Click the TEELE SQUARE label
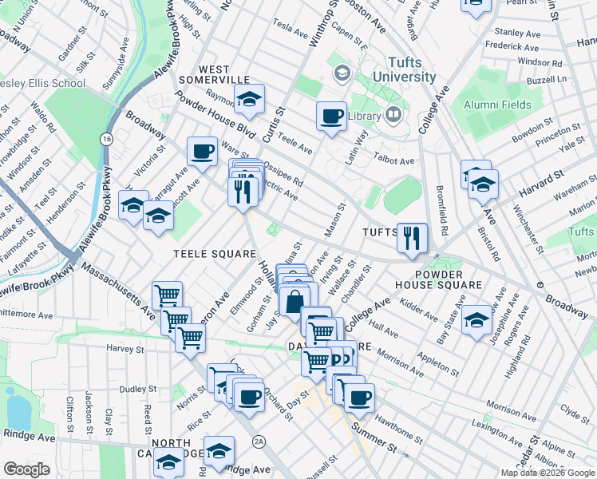pyautogui.click(x=204, y=253)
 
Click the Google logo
pyautogui.click(x=26, y=469)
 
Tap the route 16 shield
pyautogui.click(x=105, y=139)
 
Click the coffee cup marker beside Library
pyautogui.click(x=330, y=117)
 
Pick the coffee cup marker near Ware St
pyautogui.click(x=202, y=150)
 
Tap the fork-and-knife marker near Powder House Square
pyautogui.click(x=412, y=236)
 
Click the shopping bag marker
pyautogui.click(x=294, y=303)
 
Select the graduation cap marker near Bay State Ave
pyautogui.click(x=476, y=319)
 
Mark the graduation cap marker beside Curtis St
pyautogui.click(x=249, y=100)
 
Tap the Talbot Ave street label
pyautogui.click(x=396, y=160)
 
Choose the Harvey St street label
pyautogui.click(x=124, y=349)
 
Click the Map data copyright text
pyautogui.click(x=547, y=472)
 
